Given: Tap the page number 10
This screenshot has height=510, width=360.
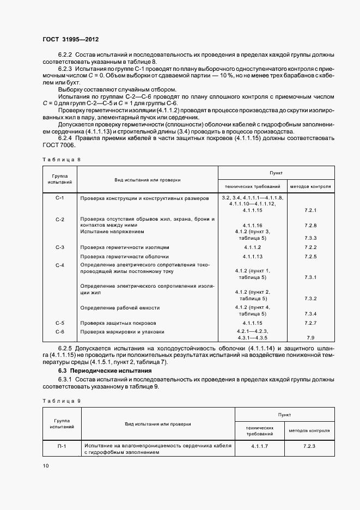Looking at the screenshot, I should [x=46, y=465].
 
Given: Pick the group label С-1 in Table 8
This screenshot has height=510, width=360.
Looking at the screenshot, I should [x=60, y=198].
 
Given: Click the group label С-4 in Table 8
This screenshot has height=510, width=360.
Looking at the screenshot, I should [x=60, y=265].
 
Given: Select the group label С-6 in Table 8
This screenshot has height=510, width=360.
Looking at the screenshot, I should [x=60, y=331].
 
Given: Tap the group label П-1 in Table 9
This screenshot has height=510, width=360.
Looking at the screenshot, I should [x=62, y=446].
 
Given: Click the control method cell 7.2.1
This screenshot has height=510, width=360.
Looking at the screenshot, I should [x=311, y=210].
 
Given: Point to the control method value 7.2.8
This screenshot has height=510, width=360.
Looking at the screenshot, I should [x=311, y=225].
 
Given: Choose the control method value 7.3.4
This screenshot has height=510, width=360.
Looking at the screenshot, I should [x=311, y=314].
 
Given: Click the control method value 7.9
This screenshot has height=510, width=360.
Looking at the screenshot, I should [x=311, y=338].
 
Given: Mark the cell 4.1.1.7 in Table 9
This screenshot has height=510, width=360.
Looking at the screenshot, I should [x=259, y=446].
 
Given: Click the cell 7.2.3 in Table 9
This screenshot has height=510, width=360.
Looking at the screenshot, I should [x=309, y=446].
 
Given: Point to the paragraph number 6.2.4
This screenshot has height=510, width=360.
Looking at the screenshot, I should [x=66, y=138].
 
